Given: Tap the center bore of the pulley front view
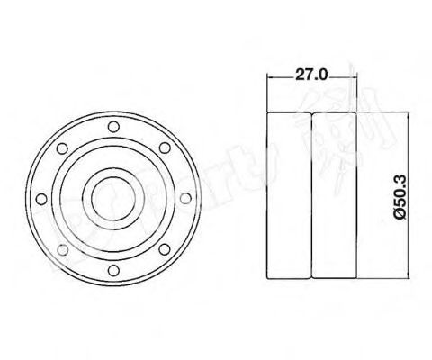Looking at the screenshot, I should click(x=111, y=196).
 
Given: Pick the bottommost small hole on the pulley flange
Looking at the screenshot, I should click(x=111, y=267).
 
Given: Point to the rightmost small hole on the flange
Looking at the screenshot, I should click(x=183, y=196).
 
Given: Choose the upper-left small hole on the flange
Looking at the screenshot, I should click(x=60, y=146).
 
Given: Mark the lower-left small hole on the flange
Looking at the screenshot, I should click(x=60, y=247).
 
